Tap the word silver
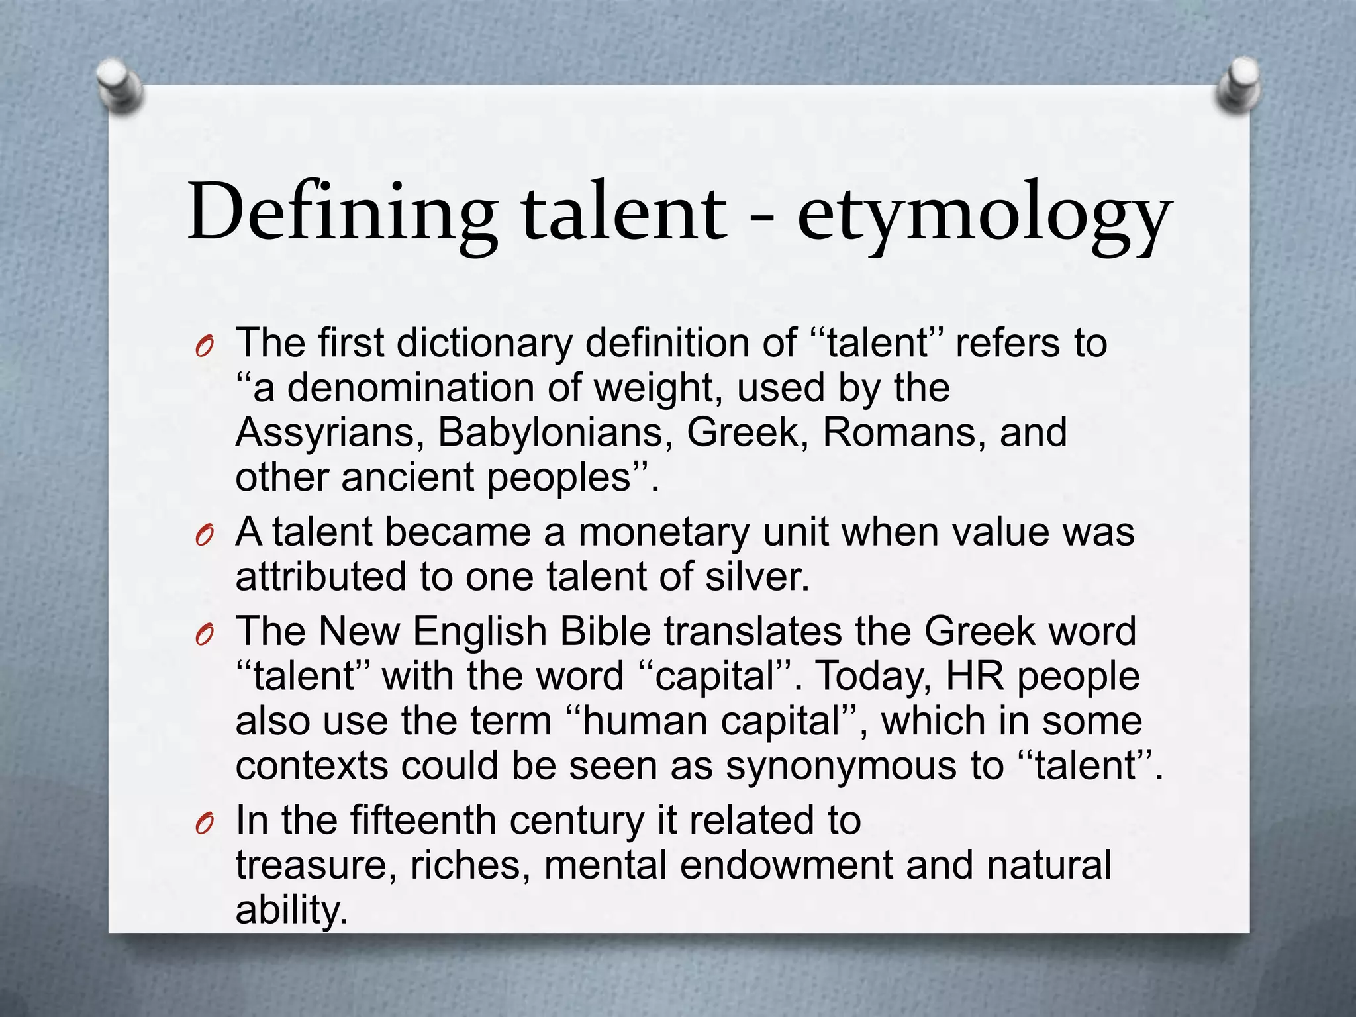(x=757, y=576)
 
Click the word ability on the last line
(x=291, y=910)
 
